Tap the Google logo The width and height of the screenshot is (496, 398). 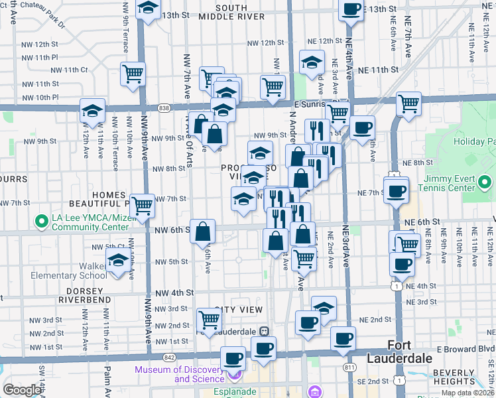(22, 390)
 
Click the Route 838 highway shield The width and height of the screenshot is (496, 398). (164, 107)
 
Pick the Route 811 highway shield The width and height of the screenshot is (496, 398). (349, 366)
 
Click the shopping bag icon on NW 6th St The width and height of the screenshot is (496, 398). (204, 232)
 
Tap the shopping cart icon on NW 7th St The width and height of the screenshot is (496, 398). (142, 206)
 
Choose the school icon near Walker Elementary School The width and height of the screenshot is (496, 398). (118, 262)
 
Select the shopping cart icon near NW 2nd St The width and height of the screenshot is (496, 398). (210, 321)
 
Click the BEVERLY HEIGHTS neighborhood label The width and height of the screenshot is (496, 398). (466, 377)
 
